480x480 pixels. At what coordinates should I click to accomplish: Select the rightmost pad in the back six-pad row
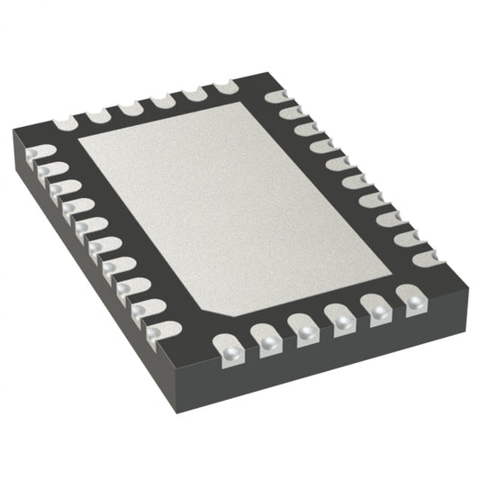click(222, 86)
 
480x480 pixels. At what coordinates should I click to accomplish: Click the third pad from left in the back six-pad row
click(130, 107)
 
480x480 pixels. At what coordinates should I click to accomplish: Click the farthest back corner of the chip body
click(269, 74)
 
